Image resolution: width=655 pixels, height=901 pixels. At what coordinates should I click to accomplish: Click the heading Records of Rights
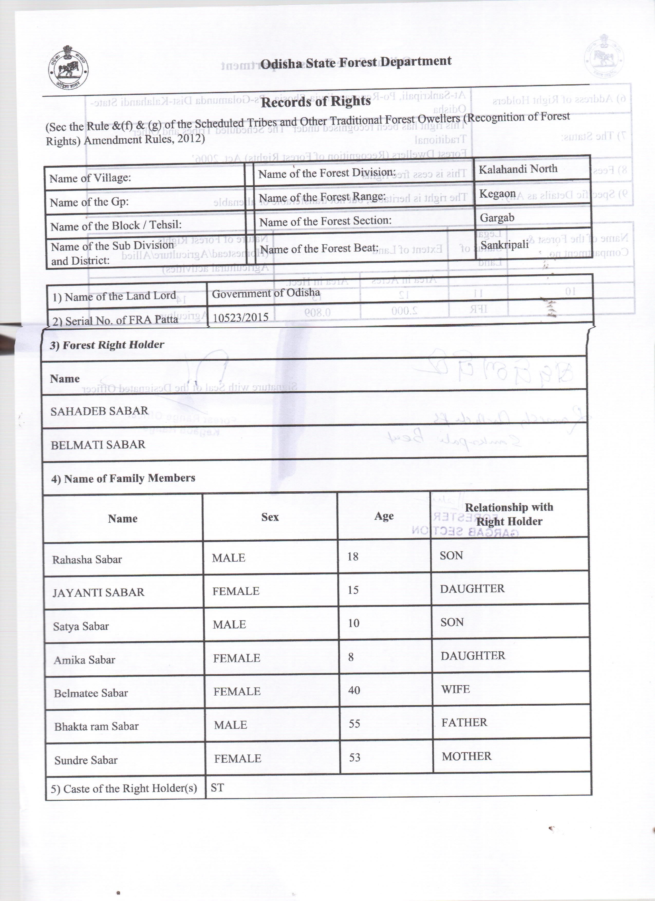(316, 102)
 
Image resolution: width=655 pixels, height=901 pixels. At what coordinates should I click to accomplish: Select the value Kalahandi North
(518, 169)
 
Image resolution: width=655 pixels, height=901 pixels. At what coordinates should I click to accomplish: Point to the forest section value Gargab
(497, 218)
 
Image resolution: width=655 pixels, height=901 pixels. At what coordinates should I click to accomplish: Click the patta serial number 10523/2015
(240, 317)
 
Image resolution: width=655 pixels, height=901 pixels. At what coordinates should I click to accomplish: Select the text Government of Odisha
(266, 294)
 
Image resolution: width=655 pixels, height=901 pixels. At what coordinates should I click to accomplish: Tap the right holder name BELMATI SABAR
(98, 445)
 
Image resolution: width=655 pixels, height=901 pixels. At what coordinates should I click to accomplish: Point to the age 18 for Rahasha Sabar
(352, 557)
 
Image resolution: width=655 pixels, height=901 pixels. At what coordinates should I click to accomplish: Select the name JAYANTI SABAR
(98, 592)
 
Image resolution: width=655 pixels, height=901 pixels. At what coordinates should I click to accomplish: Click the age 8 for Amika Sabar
(351, 657)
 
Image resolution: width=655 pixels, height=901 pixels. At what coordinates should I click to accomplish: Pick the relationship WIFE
(455, 689)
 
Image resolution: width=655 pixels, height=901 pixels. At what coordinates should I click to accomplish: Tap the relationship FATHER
(464, 722)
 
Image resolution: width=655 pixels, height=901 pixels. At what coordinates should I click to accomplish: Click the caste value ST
(217, 788)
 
